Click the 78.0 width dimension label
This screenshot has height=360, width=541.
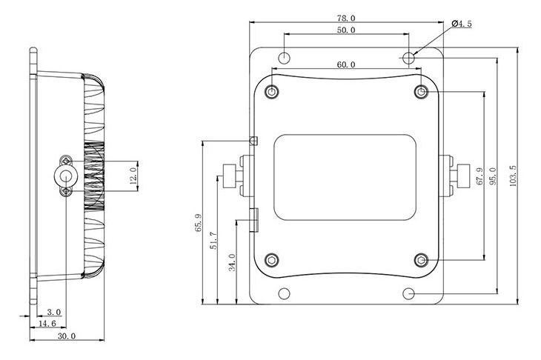(346, 18)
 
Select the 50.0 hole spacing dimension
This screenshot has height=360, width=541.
(346, 30)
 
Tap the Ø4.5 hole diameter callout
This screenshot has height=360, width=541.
(461, 24)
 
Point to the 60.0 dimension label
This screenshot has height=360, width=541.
(346, 64)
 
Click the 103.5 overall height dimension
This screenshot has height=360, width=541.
(513, 176)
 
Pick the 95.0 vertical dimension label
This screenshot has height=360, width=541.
(493, 176)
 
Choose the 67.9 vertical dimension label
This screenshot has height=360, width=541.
(479, 176)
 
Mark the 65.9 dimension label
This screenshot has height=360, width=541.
(199, 223)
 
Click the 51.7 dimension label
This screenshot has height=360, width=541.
(214, 241)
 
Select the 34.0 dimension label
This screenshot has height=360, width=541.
(232, 262)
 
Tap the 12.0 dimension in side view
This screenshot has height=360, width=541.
(133, 176)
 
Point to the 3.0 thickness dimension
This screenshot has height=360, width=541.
(54, 313)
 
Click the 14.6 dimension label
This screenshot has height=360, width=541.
(47, 324)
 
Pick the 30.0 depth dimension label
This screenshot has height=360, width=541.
(67, 336)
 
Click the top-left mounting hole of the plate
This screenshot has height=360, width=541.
(285, 58)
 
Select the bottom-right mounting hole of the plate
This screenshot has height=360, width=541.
(408, 294)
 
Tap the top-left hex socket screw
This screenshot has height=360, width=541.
(272, 92)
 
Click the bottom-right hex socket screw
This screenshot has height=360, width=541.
(421, 260)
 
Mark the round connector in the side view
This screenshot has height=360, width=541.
(65, 176)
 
